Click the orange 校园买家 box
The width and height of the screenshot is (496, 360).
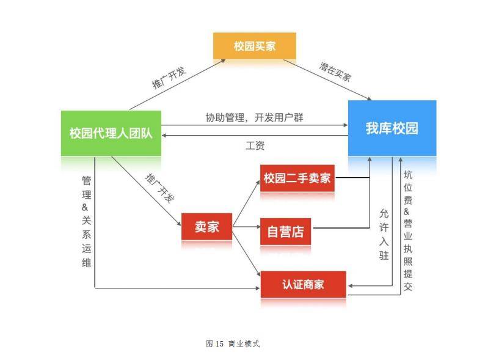click(x=254, y=46)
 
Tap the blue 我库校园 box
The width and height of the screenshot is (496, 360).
click(x=392, y=128)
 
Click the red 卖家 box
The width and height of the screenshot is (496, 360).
click(x=206, y=227)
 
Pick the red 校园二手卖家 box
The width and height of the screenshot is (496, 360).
click(x=297, y=178)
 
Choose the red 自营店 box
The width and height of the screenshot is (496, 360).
click(x=285, y=232)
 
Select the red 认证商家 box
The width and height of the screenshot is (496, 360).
click(x=303, y=284)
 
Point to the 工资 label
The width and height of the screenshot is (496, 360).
click(x=255, y=145)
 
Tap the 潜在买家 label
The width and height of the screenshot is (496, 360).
click(x=335, y=72)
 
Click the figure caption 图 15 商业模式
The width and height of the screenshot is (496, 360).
click(x=233, y=343)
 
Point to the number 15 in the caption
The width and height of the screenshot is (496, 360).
click(x=220, y=343)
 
